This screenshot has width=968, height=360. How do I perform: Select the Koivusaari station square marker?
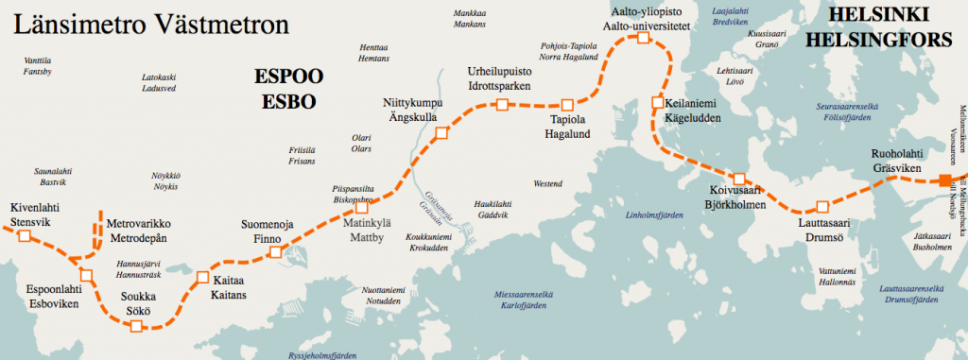(x=740, y=179)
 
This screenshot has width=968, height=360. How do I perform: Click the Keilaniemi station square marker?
(x=658, y=103)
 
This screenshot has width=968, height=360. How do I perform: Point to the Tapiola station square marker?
(x=567, y=104)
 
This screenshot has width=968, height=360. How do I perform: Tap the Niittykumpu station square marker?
(x=440, y=134)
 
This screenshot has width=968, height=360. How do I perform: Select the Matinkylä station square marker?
(x=361, y=207)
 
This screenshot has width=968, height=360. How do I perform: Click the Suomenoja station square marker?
(x=275, y=252)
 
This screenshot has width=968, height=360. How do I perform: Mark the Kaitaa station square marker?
(x=201, y=278)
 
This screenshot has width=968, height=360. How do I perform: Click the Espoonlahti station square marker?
(x=86, y=276)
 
